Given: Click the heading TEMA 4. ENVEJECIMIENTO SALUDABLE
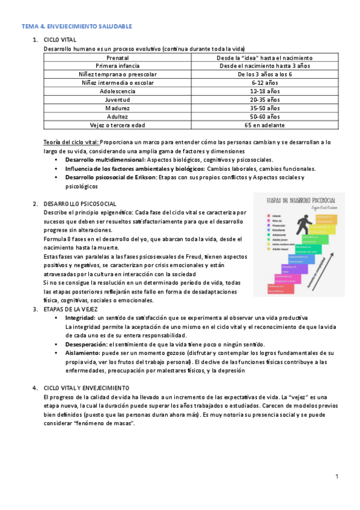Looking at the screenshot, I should coord(76,26).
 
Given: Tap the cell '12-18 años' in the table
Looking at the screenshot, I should coord(263,91).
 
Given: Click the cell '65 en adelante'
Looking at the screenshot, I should coord(263,125).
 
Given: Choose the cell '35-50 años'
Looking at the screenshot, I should coord(263,108).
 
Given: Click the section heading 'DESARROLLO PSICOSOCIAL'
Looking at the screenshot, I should coord(80,204).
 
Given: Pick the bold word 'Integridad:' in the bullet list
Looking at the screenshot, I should coord(80,318).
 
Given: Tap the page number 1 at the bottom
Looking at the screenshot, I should coord(337,477).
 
